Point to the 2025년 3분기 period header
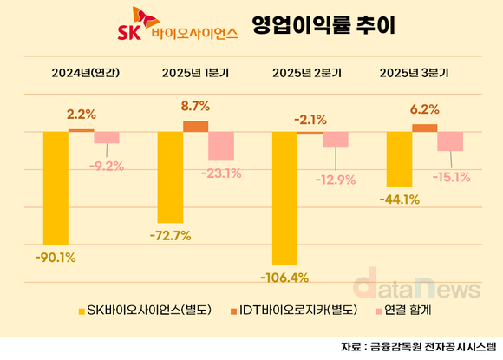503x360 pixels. pos(422,72)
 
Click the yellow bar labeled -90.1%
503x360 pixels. pos(56,187)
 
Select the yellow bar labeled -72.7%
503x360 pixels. pos(169,176)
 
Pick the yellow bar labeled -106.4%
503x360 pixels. pos(284,198)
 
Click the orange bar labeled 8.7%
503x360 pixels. pos(195,126)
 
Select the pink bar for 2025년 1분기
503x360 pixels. pos(221,146)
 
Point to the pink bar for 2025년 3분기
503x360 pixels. pos(450,141)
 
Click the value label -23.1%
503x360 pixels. pos(221,173)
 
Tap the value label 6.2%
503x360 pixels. pos(424,110)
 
